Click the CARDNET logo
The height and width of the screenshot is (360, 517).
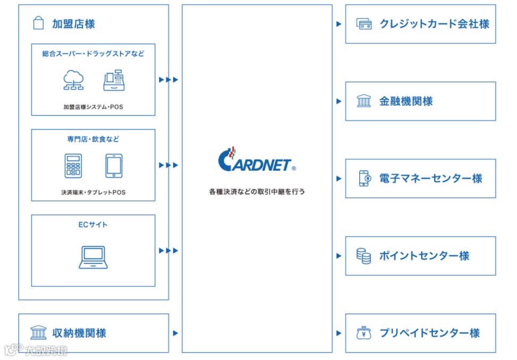pos(257,160)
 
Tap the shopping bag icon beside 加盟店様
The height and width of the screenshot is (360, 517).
pos(38,23)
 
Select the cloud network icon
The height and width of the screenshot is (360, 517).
pos(73,80)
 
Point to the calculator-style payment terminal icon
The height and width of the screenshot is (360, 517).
pos(73,165)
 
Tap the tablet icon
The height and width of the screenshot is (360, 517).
pos(114,165)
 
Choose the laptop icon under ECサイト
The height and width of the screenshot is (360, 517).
pos(93,257)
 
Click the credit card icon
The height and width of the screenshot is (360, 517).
pos(364,24)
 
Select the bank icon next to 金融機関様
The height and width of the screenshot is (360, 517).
pos(364,101)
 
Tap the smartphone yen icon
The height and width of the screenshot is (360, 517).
pos(364,178)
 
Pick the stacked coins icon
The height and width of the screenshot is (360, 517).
pos(364,256)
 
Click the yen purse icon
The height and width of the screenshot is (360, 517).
pos(364,333)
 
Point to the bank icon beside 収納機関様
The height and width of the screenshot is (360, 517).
pos(38,333)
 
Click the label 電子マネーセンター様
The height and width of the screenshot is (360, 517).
pos(431,178)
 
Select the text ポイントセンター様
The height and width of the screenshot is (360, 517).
pos(425,256)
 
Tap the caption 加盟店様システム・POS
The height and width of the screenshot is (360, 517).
pos(93,107)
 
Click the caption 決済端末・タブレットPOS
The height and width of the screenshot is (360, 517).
pos(93,192)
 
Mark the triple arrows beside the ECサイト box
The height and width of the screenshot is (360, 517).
pos(169,250)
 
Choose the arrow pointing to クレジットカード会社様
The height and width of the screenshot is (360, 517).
pos(339,24)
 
